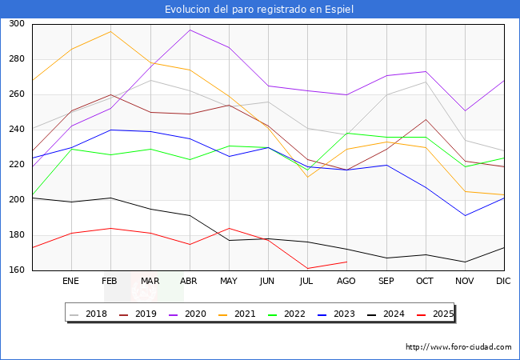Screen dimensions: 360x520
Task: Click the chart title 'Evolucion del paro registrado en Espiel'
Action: click(x=259, y=10)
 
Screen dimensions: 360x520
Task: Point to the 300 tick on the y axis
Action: click(x=16, y=24)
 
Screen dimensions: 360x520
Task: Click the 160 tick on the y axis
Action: click(x=16, y=270)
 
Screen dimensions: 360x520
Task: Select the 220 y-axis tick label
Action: click(x=16, y=165)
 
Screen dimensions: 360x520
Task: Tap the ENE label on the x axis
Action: click(x=71, y=282)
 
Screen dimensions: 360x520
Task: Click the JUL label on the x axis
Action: click(x=307, y=282)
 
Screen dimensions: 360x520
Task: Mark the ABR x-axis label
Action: click(x=190, y=282)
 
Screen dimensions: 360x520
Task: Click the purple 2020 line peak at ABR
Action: click(x=190, y=30)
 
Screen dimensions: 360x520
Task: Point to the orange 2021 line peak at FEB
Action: click(x=110, y=31)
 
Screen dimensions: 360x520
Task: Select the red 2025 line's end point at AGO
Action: click(x=346, y=262)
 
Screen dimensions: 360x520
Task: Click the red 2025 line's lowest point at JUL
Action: click(x=307, y=269)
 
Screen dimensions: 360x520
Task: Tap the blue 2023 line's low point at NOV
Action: click(x=465, y=215)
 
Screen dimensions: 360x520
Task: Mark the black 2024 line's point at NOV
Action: click(x=465, y=262)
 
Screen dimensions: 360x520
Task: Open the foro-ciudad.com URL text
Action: click(x=458, y=347)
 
